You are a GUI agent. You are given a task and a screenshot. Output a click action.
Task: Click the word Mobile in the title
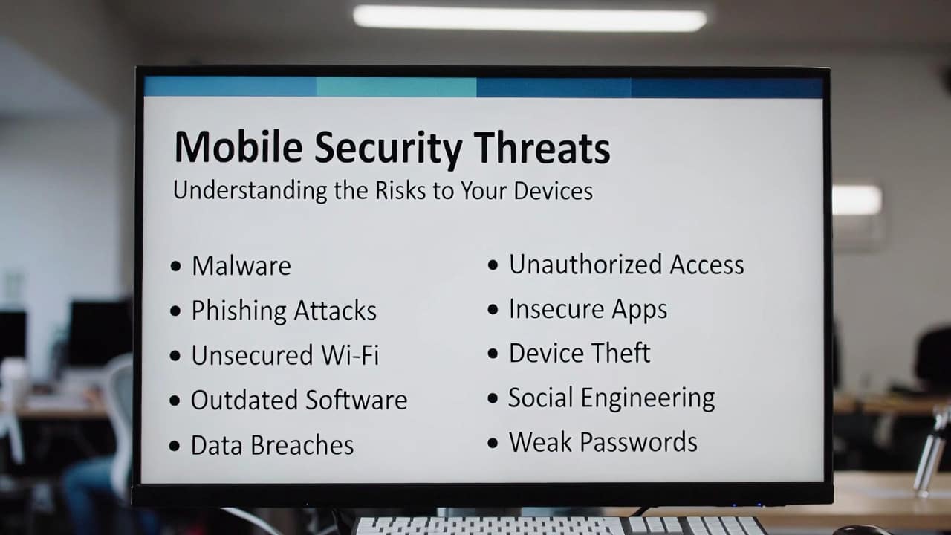(238, 146)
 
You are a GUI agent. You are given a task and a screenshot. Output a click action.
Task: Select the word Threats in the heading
(542, 147)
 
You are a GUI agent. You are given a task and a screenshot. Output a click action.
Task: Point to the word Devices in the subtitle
(554, 190)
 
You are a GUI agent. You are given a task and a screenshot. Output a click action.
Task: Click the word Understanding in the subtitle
(250, 191)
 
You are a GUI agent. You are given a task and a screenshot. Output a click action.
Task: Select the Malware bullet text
(241, 266)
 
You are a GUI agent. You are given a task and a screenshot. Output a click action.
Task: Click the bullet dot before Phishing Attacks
(175, 311)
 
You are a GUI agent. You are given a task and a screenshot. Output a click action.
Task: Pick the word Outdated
(244, 400)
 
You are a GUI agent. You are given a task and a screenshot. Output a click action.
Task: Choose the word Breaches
(302, 444)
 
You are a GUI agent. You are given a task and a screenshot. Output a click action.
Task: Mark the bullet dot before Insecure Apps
(493, 309)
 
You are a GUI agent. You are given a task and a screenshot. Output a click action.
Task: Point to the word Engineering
(648, 398)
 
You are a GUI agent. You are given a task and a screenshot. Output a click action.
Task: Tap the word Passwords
(638, 441)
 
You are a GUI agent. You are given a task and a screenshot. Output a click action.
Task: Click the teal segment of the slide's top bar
(396, 87)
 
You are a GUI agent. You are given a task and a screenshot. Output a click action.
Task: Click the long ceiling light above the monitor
(530, 19)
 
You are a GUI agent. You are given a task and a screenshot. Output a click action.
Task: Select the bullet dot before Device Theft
(493, 353)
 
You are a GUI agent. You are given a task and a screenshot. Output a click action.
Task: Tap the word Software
(357, 400)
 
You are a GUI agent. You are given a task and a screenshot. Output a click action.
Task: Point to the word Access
(707, 264)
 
